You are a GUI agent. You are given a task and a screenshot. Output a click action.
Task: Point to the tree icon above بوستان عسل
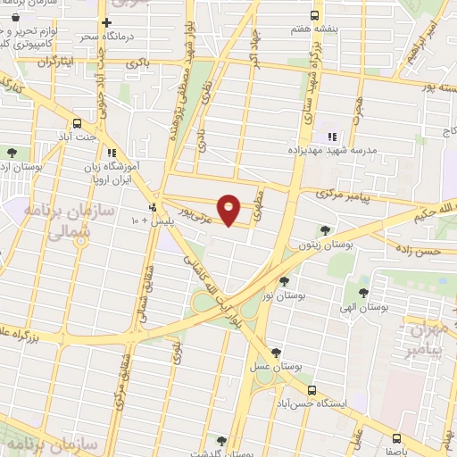coord(275,352)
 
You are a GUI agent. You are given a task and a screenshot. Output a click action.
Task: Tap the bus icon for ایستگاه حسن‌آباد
coord(312,390)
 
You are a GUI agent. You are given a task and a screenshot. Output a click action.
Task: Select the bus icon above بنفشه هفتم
coord(313,15)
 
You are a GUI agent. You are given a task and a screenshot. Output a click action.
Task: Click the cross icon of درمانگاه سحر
coord(106,22)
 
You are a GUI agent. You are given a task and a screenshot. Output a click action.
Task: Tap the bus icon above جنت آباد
coord(77,124)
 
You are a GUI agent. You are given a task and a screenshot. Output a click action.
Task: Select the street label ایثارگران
coord(54,61)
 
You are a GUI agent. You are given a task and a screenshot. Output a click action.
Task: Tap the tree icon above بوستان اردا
coord(12,152)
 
